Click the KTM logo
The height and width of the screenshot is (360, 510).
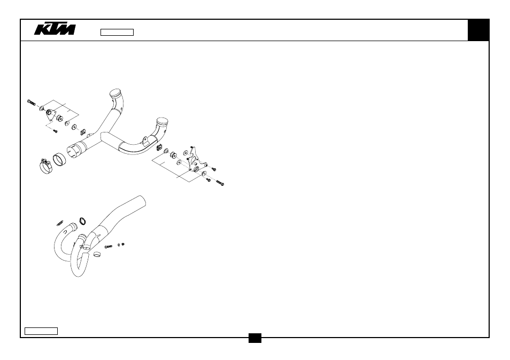coord(55,29)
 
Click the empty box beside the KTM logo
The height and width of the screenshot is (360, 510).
coord(117,32)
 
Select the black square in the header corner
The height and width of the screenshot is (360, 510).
coord(478,30)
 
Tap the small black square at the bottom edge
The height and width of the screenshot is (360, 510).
coord(255,338)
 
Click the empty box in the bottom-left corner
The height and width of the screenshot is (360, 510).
coord(41,331)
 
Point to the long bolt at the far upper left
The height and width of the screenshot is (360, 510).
coord(32,103)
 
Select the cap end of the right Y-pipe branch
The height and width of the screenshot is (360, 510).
coord(162,122)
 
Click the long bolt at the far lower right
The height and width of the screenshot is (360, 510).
coord(220,183)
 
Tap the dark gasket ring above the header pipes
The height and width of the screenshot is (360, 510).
coord(83,222)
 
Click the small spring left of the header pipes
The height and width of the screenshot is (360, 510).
coord(59,223)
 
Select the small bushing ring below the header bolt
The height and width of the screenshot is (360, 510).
coord(97,254)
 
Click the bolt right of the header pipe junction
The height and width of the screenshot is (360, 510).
coord(109,247)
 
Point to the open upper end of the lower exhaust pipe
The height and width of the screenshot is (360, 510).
coord(142,200)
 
